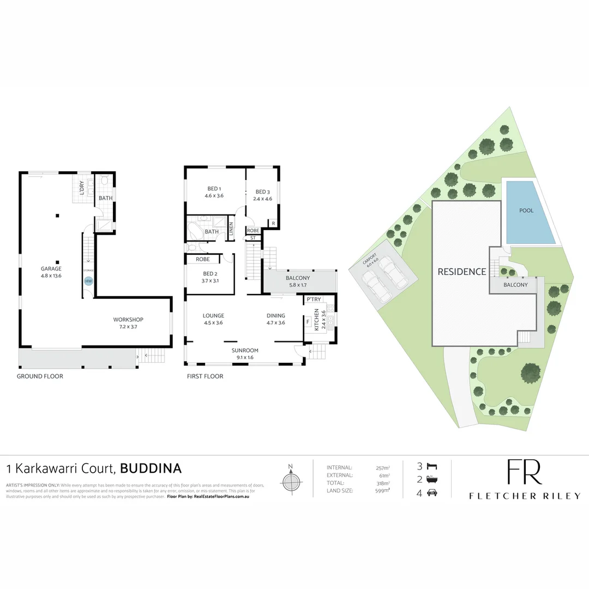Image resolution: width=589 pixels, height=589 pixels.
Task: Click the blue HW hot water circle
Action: (x=88, y=281)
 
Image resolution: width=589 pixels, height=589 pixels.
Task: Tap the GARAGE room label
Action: (x=51, y=268)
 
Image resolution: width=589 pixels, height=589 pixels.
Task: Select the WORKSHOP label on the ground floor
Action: (x=128, y=320)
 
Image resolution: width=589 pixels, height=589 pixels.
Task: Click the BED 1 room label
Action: (x=214, y=189)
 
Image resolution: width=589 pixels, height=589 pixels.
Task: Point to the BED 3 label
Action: (x=263, y=192)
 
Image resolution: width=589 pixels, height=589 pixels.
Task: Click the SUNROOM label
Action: (x=244, y=350)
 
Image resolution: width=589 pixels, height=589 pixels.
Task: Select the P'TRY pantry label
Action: (x=314, y=299)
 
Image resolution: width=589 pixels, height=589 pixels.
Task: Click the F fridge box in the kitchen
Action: (x=308, y=322)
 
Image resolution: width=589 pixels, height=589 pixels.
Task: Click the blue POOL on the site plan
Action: (x=527, y=211)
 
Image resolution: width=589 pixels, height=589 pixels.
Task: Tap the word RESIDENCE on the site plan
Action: (x=461, y=272)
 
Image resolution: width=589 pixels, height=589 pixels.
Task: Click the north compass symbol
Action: (x=291, y=480)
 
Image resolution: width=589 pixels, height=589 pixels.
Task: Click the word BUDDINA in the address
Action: (x=151, y=468)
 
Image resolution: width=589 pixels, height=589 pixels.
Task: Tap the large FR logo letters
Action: (x=524, y=472)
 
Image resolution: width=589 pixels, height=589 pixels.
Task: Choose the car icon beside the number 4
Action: (x=431, y=494)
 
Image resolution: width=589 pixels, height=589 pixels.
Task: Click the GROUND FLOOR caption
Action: (x=40, y=376)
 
